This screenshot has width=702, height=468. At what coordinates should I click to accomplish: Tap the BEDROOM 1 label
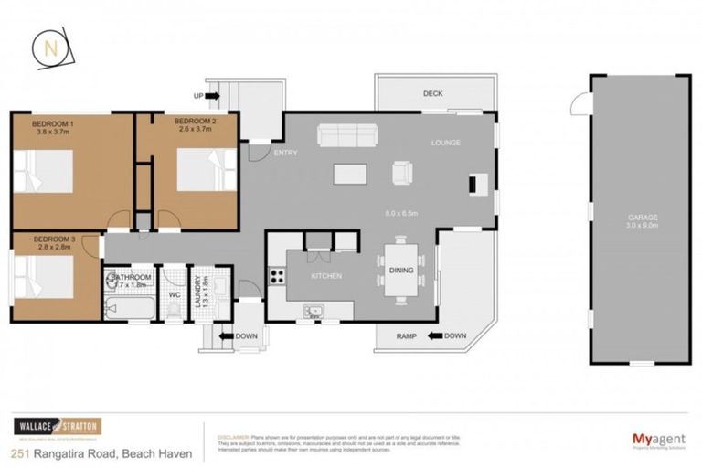(x=52, y=122)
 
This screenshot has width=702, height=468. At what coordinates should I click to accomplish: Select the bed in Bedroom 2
(x=200, y=170)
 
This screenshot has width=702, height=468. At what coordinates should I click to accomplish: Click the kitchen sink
(x=314, y=313)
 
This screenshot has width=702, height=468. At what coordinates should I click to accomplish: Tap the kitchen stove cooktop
(x=275, y=275)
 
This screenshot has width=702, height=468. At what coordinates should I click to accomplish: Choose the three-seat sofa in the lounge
(x=346, y=136)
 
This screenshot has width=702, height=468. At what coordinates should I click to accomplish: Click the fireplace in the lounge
(x=473, y=184)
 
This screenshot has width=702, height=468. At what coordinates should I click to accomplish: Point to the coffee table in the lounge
(x=345, y=174)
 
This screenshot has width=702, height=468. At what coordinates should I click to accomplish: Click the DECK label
(x=432, y=94)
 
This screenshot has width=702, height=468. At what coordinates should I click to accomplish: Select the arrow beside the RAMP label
(x=433, y=336)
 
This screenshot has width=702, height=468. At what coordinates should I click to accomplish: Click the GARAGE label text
(x=642, y=218)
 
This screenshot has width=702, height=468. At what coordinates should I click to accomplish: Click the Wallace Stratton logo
(x=57, y=427)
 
